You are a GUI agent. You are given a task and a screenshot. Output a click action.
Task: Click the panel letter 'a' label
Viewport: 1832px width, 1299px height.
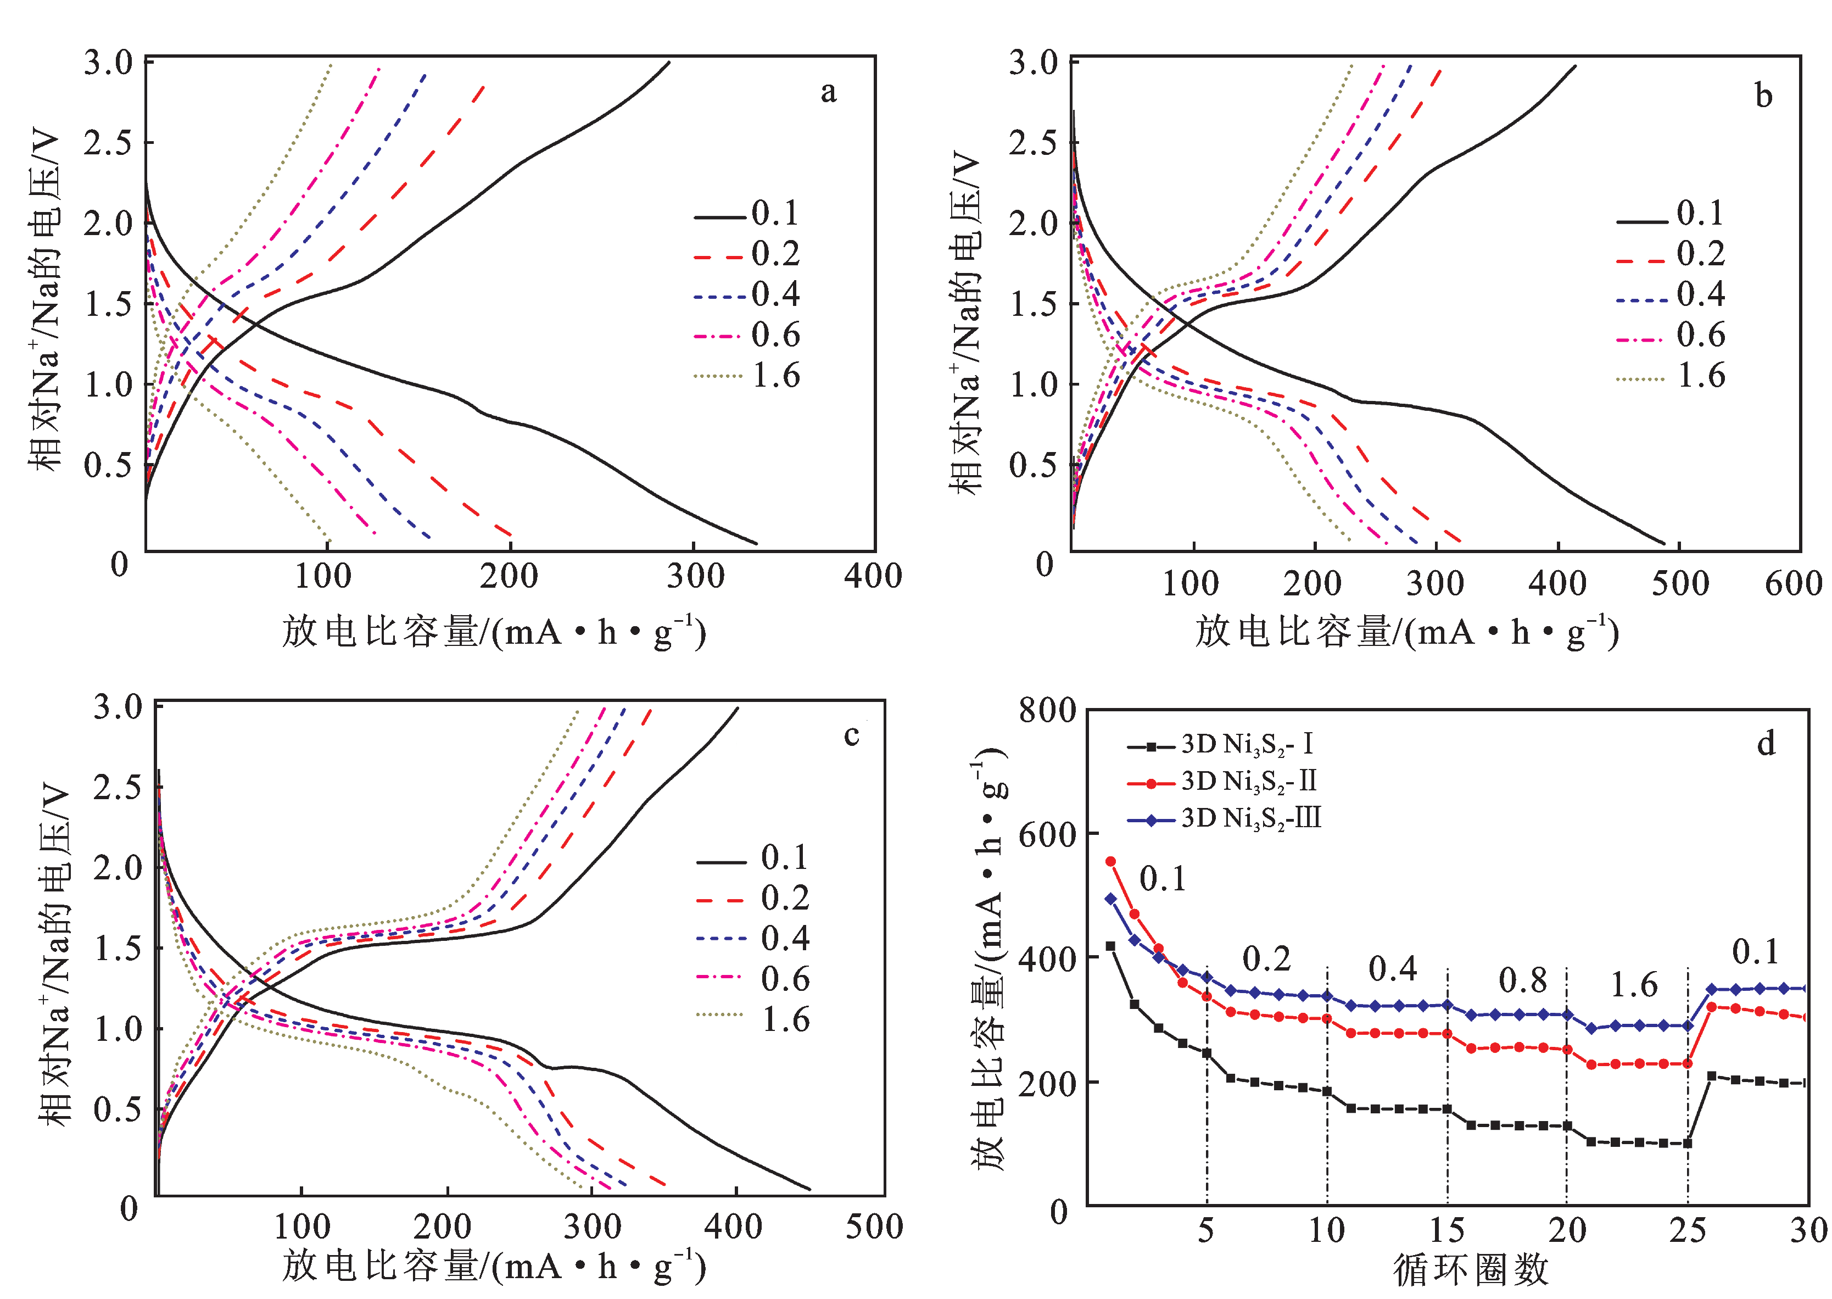coord(829,93)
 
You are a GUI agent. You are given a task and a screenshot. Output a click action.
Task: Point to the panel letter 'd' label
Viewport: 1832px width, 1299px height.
coord(1766,743)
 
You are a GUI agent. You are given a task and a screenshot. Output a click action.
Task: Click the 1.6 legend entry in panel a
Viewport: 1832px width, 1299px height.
coord(747,375)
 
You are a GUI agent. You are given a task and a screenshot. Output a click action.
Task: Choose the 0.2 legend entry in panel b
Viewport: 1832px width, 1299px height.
coord(1671,254)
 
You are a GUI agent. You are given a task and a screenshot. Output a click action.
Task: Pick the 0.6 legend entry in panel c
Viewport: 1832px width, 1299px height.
coord(753,978)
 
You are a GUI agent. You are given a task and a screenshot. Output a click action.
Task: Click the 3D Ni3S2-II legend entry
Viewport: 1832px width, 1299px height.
coord(1222,782)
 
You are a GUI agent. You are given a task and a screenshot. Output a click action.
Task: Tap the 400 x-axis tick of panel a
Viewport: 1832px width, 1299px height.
coord(873,576)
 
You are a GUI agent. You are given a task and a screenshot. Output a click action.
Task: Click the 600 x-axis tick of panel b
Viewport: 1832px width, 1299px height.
coord(1794,583)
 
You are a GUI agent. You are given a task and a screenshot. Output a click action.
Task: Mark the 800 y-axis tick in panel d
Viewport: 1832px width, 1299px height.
coord(1048,710)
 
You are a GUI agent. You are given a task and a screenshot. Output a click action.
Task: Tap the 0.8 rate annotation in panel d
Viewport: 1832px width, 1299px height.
coord(1522,980)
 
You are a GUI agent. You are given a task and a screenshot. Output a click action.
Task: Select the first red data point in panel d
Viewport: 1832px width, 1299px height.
coord(1110,861)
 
